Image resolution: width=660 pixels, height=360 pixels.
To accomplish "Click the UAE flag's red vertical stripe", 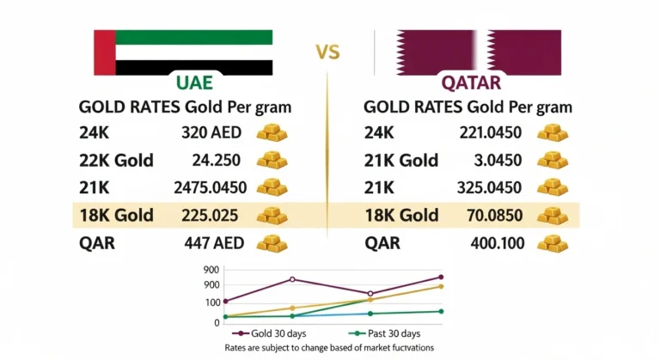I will coord(103,53).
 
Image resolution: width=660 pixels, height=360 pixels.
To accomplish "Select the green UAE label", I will coord(194,83).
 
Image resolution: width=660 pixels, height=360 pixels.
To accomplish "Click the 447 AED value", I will coord(216,242).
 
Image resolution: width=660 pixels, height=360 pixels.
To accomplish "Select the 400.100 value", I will coord(497,242).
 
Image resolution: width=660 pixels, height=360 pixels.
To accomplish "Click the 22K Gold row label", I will coord(116,160).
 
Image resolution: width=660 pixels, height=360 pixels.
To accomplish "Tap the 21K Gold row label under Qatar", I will coord(401,160).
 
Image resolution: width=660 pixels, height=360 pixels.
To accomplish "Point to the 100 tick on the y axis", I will coord(212,302).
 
